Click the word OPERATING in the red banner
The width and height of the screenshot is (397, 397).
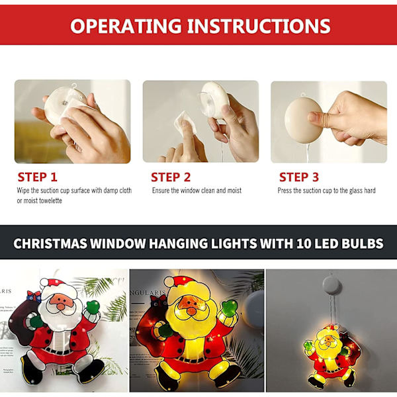click(x=126, y=26)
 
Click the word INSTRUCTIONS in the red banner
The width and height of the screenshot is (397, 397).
click(x=259, y=26)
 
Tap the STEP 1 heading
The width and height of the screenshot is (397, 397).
click(x=38, y=177)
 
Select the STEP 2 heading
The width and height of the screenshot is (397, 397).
click(x=171, y=177)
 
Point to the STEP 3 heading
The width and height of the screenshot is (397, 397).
click(x=299, y=177)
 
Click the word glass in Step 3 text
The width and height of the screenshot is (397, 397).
click(x=356, y=191)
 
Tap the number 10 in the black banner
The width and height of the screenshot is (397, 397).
click(x=304, y=243)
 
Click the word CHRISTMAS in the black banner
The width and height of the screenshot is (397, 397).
click(x=50, y=243)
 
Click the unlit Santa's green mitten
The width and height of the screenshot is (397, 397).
click(x=93, y=306)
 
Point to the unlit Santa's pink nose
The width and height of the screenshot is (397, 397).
click(x=61, y=306)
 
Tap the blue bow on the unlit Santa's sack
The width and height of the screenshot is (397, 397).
click(x=34, y=296)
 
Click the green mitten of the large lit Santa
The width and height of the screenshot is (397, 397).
click(x=229, y=308)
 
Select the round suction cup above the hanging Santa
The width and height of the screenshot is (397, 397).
click(x=331, y=285)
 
